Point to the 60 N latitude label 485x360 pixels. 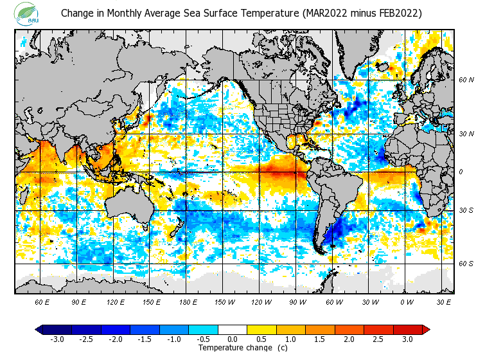pos(466,80)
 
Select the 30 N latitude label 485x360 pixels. pos(466,134)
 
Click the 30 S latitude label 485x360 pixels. pos(466,210)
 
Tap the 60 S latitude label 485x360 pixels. pos(466,264)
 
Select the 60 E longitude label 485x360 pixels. pos(42,301)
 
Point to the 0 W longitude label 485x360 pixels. pos(407,301)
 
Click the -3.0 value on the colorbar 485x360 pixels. pos(57,339)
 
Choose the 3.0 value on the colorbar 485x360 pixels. pos(408,339)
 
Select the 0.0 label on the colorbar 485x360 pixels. pos(233,339)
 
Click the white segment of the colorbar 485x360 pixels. pos(233,330)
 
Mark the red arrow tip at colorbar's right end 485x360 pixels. pos(426,330)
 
